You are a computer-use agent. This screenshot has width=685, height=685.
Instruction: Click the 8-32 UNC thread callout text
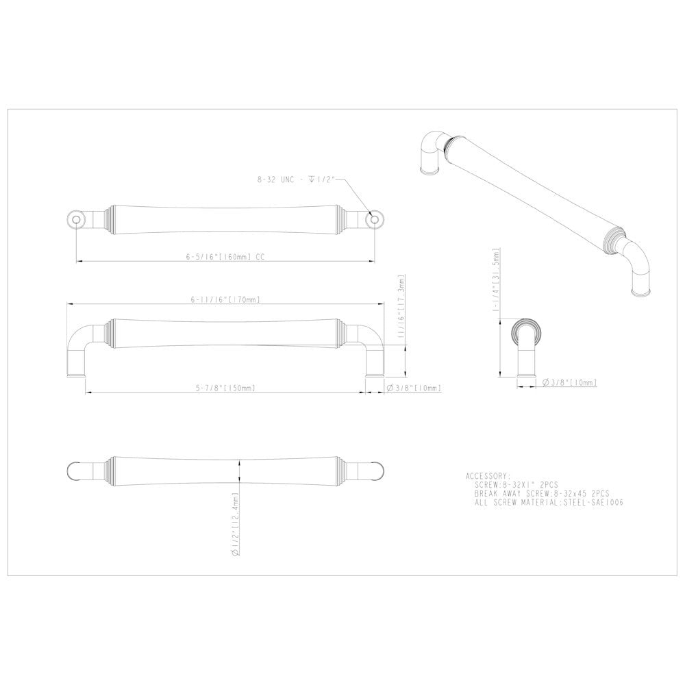coord(296,179)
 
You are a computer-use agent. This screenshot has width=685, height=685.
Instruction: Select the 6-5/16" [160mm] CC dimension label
coord(225,258)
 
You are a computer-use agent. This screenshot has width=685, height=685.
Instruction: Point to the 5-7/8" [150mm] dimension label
coord(225,388)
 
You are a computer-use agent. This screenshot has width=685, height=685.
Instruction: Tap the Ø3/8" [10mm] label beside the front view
coord(414,388)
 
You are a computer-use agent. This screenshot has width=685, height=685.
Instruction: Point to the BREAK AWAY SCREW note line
coord(541,493)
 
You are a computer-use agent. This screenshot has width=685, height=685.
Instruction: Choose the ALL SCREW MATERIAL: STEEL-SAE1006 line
coord(548,502)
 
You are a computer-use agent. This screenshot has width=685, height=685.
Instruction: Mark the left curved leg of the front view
coord(77,349)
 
